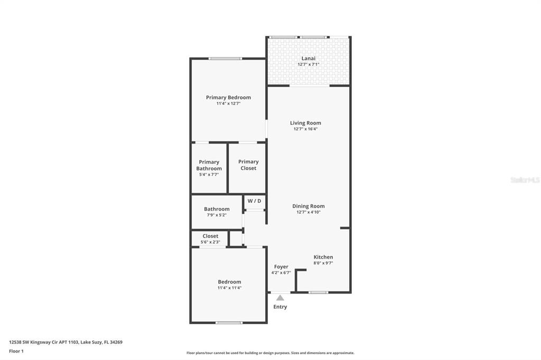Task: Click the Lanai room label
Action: [308, 58]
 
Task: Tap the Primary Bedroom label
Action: [228, 97]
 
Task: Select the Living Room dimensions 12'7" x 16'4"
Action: [305, 129]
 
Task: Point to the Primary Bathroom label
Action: [209, 165]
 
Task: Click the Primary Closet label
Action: [248, 165]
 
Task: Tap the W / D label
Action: [254, 201]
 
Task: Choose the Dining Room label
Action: [309, 206]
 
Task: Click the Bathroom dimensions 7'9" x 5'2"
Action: [217, 215]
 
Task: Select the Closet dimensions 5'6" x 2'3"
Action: [210, 242]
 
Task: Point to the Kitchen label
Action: [323, 257]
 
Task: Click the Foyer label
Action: [281, 267]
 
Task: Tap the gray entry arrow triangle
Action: [280, 298]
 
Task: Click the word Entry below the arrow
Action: [280, 307]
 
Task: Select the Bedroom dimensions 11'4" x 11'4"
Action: [229, 288]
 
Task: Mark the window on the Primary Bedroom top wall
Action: [225, 59]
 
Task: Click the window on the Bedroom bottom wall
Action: [229, 323]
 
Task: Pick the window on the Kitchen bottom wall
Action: [318, 292]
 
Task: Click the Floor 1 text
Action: [16, 351]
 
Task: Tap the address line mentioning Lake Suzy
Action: [66, 342]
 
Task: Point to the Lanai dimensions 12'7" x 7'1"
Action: [309, 64]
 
